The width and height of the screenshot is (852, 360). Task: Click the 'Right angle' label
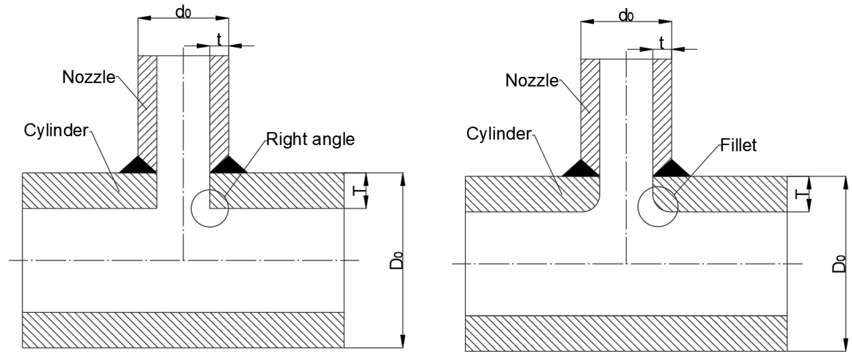(310, 139)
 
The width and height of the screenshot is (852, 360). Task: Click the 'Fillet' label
(738, 145)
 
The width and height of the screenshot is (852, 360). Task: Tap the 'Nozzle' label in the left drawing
(89, 77)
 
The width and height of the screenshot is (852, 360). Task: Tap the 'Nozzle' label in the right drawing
(532, 81)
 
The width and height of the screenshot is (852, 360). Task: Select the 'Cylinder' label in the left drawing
(56, 131)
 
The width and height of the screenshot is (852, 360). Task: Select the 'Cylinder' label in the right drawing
(499, 134)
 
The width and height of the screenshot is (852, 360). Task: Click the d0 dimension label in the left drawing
(183, 13)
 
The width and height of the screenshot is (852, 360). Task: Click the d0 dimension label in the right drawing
(626, 16)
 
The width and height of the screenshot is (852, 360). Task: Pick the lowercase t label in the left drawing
(219, 40)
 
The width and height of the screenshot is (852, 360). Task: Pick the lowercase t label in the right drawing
(662, 43)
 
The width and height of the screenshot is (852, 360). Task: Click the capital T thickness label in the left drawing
(356, 190)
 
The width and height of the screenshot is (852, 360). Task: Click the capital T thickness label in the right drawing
(800, 194)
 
